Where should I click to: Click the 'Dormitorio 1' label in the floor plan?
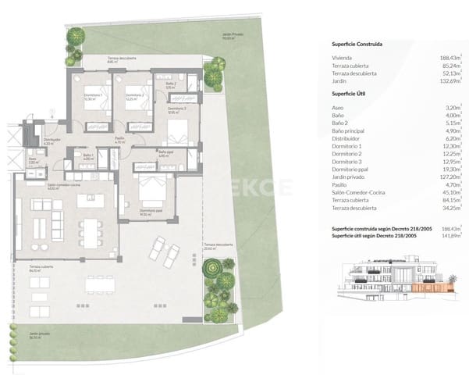coord(91,98)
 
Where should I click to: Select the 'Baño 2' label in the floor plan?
coord(170,85)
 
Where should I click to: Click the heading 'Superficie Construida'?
coord(356,45)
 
